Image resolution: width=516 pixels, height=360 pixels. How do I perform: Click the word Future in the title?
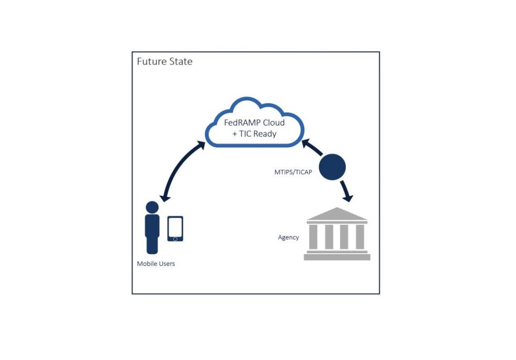click(x=151, y=61)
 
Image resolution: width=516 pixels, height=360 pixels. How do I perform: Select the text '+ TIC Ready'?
click(x=254, y=134)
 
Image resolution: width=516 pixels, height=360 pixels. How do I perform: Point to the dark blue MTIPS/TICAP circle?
click(x=332, y=167)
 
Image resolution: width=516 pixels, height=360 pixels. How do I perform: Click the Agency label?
click(x=288, y=237)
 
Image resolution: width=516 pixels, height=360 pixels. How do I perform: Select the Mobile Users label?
click(x=156, y=264)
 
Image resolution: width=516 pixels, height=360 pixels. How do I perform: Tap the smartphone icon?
click(x=175, y=229)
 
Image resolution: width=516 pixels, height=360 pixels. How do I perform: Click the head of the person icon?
click(x=152, y=207)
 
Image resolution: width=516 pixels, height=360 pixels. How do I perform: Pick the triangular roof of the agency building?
click(x=337, y=215)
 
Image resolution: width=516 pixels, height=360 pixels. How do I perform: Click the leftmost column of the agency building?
click(x=313, y=236)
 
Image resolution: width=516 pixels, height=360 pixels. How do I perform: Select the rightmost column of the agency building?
click(x=360, y=236)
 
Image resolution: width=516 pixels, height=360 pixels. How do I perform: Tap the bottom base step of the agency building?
click(x=337, y=257)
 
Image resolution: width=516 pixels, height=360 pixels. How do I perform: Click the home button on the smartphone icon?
click(x=175, y=239)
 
